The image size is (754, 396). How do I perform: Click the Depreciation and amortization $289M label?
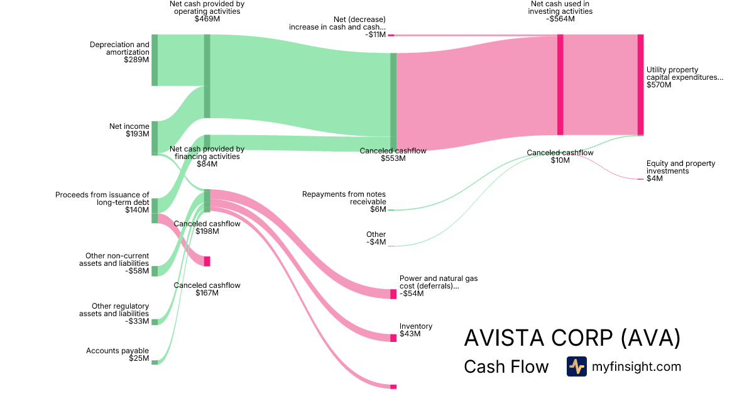[119, 52]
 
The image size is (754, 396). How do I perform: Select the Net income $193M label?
[129, 130]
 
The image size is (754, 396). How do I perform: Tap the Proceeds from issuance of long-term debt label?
[102, 202]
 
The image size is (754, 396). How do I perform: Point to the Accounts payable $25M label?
[117, 355]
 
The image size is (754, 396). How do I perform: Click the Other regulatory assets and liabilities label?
[114, 314]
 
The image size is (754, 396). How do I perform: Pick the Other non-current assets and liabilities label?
[114, 263]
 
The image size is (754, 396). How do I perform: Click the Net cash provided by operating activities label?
[207, 11]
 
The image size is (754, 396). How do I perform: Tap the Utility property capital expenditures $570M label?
[684, 77]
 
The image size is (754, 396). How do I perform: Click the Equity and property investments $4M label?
[680, 171]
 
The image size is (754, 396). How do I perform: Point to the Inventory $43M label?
[416, 330]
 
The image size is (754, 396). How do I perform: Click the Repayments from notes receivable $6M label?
[344, 201]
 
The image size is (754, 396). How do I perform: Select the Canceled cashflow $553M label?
[393, 155]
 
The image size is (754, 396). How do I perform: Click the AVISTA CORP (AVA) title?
[572, 338]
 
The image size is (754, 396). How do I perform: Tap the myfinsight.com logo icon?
[576, 366]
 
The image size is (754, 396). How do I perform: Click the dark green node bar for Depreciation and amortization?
[155, 60]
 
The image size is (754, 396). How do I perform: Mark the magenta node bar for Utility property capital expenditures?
[640, 85]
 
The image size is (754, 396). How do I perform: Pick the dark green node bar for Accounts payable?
[155, 362]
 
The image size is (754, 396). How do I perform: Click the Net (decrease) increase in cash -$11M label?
[337, 27]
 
